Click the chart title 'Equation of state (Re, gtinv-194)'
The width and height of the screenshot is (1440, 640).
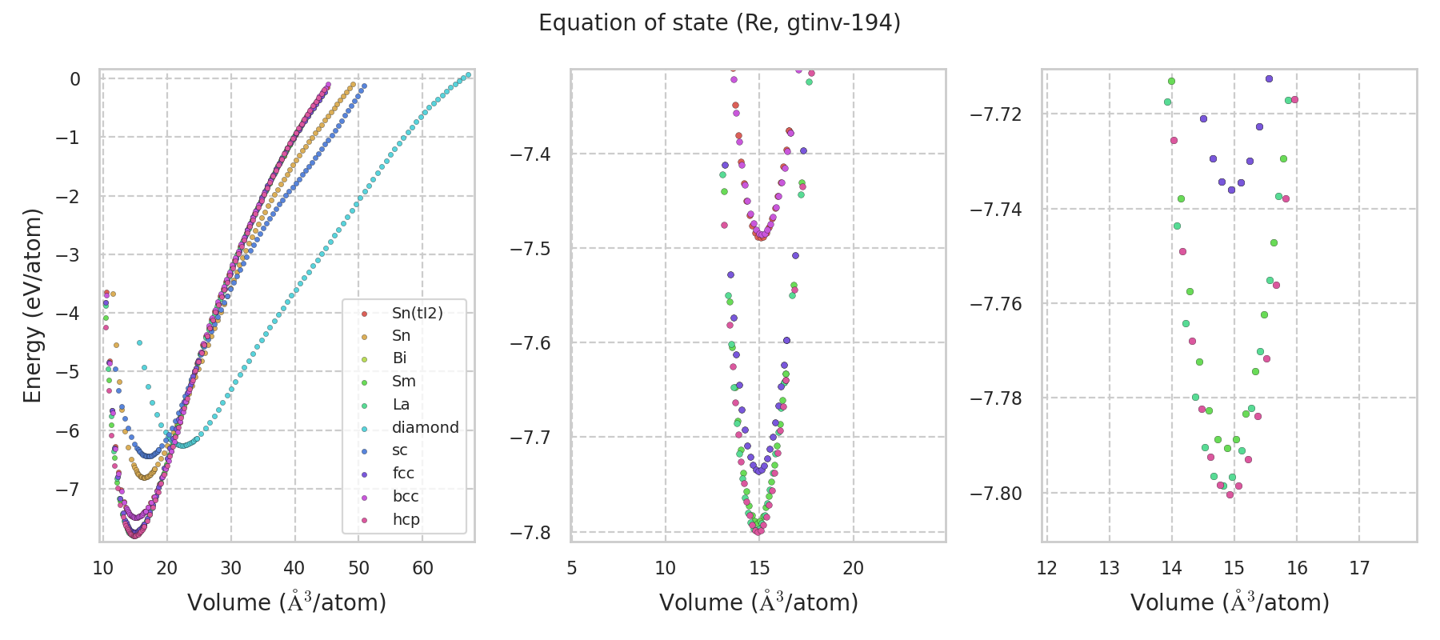pyautogui.click(x=719, y=23)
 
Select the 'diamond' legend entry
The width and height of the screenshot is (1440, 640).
pyautogui.click(x=425, y=427)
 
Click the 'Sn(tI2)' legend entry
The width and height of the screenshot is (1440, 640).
pyautogui.click(x=417, y=313)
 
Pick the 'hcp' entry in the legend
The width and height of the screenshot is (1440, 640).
pyautogui.click(x=406, y=519)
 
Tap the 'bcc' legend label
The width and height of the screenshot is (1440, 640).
pyautogui.click(x=406, y=496)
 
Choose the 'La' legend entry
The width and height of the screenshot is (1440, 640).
pyautogui.click(x=401, y=404)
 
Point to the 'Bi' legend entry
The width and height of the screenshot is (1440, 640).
pyautogui.click(x=399, y=358)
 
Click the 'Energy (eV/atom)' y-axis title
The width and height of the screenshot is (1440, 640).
pyautogui.click(x=33, y=305)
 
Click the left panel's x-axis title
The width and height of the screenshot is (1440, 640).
pyautogui.click(x=286, y=602)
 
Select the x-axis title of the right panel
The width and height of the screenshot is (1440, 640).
pyautogui.click(x=1230, y=602)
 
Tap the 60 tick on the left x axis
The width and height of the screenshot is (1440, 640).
pyautogui.click(x=422, y=568)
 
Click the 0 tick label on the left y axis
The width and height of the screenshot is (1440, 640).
pyautogui.click(x=75, y=79)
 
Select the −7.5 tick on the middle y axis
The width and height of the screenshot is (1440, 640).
pyautogui.click(x=531, y=248)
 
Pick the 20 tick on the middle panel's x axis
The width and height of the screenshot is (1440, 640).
pyautogui.click(x=853, y=568)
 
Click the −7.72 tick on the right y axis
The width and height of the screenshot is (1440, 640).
pyautogui.click(x=996, y=114)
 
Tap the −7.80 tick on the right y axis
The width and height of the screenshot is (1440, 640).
pyautogui.click(x=996, y=494)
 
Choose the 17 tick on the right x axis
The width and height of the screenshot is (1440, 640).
pyautogui.click(x=1359, y=568)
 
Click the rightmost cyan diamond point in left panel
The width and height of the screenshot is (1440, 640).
pyautogui.click(x=468, y=75)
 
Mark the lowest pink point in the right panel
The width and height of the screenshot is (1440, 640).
pyautogui.click(x=1230, y=494)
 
